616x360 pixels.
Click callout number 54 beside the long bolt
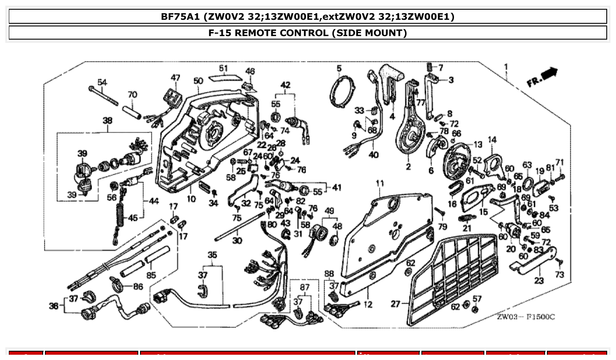pyautogui.click(x=102, y=82)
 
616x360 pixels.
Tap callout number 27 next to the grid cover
pyautogui.click(x=396, y=304)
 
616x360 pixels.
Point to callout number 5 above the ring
pyautogui.click(x=339, y=68)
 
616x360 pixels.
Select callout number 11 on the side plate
pyautogui.click(x=380, y=183)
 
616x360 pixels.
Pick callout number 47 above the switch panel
pyautogui.click(x=176, y=78)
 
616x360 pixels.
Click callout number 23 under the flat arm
pyautogui.click(x=539, y=280)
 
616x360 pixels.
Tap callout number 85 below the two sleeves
pyautogui.click(x=151, y=276)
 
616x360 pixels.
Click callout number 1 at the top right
pyautogui.click(x=506, y=67)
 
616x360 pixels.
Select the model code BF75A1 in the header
pyautogui.click(x=181, y=17)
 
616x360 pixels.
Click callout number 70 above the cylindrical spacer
pyautogui.click(x=132, y=95)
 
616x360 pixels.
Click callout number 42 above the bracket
pyautogui.click(x=286, y=84)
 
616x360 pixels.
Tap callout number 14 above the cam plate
pyautogui.click(x=492, y=140)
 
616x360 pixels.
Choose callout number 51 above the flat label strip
pyautogui.click(x=224, y=68)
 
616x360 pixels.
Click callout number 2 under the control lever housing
pyautogui.click(x=408, y=167)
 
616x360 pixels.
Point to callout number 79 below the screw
pyautogui.click(x=442, y=227)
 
